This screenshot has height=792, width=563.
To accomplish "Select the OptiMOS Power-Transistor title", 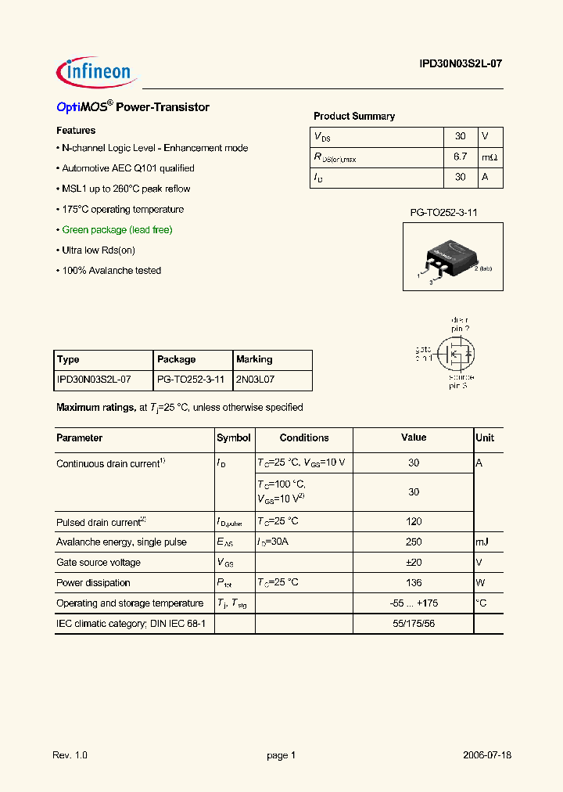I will click(x=133, y=107).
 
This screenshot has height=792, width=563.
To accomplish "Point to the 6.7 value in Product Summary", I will click(x=460, y=157).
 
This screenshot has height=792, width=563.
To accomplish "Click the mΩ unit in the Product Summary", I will click(x=489, y=157).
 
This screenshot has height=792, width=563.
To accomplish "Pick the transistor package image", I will click(x=453, y=257).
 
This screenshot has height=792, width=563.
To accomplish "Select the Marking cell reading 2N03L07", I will click(x=256, y=380).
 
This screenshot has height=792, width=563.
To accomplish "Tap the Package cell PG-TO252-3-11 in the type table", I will click(x=191, y=380).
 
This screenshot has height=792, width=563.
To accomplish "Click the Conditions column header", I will click(x=304, y=438).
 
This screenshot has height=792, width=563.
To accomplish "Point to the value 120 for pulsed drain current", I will click(x=414, y=522).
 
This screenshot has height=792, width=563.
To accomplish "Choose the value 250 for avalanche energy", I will click(x=414, y=542).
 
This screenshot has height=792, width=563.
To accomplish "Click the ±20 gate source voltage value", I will click(x=414, y=563).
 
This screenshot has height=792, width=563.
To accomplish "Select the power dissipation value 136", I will click(x=414, y=583).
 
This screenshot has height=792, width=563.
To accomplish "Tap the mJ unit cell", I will click(x=484, y=542).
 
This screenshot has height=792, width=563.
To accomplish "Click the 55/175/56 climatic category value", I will click(x=414, y=624).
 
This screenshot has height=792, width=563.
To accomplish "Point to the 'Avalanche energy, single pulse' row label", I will click(x=121, y=542).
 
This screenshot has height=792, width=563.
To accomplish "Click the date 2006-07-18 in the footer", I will click(x=486, y=755).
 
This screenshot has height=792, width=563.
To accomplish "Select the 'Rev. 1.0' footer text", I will click(x=70, y=755).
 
